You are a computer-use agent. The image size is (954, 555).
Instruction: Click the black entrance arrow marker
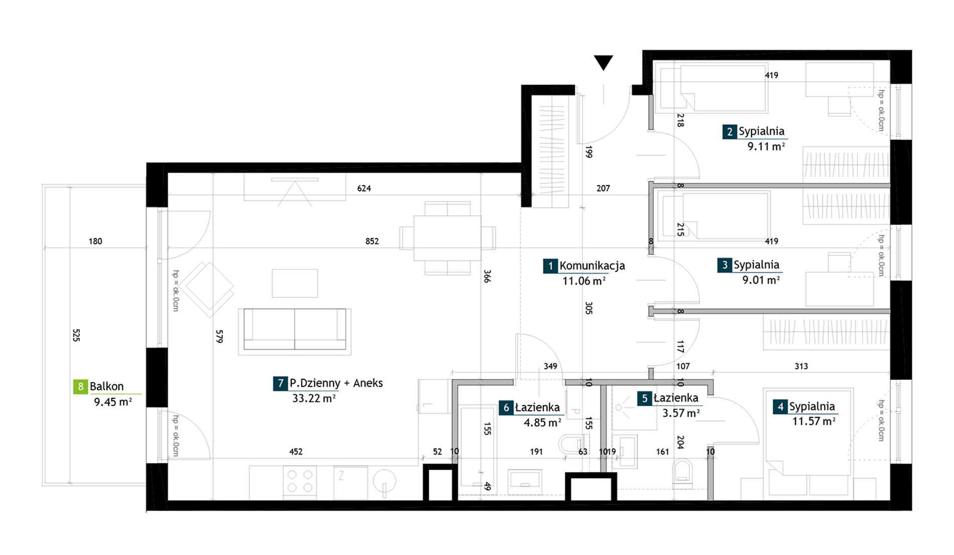point(603,62)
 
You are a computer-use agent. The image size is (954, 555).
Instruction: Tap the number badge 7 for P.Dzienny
point(280,383)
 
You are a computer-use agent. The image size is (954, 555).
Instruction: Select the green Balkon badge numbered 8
point(80,386)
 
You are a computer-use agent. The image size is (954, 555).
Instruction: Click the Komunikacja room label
point(592,266)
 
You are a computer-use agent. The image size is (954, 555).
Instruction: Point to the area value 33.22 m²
point(314,398)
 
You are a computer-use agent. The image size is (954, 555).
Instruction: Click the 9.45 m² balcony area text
point(112,402)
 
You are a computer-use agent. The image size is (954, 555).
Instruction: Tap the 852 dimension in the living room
point(372,241)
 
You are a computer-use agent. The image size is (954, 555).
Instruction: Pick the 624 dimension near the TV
point(364,189)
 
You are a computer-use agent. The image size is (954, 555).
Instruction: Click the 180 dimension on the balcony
point(95,241)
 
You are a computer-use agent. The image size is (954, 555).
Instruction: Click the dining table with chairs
point(447,238)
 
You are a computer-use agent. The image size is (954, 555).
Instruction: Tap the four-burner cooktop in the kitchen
point(300,482)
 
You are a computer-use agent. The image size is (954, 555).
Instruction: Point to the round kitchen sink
point(385,482)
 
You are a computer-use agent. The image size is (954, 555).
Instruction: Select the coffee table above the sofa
point(295,283)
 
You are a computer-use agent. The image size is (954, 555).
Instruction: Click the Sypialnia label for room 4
point(812,406)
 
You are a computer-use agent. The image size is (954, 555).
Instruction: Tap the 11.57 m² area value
point(813,422)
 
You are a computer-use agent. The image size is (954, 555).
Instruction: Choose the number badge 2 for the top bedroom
point(730,132)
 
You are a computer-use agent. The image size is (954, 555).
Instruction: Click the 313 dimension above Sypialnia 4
point(801,366)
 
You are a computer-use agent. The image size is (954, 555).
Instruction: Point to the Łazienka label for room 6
point(537,408)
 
